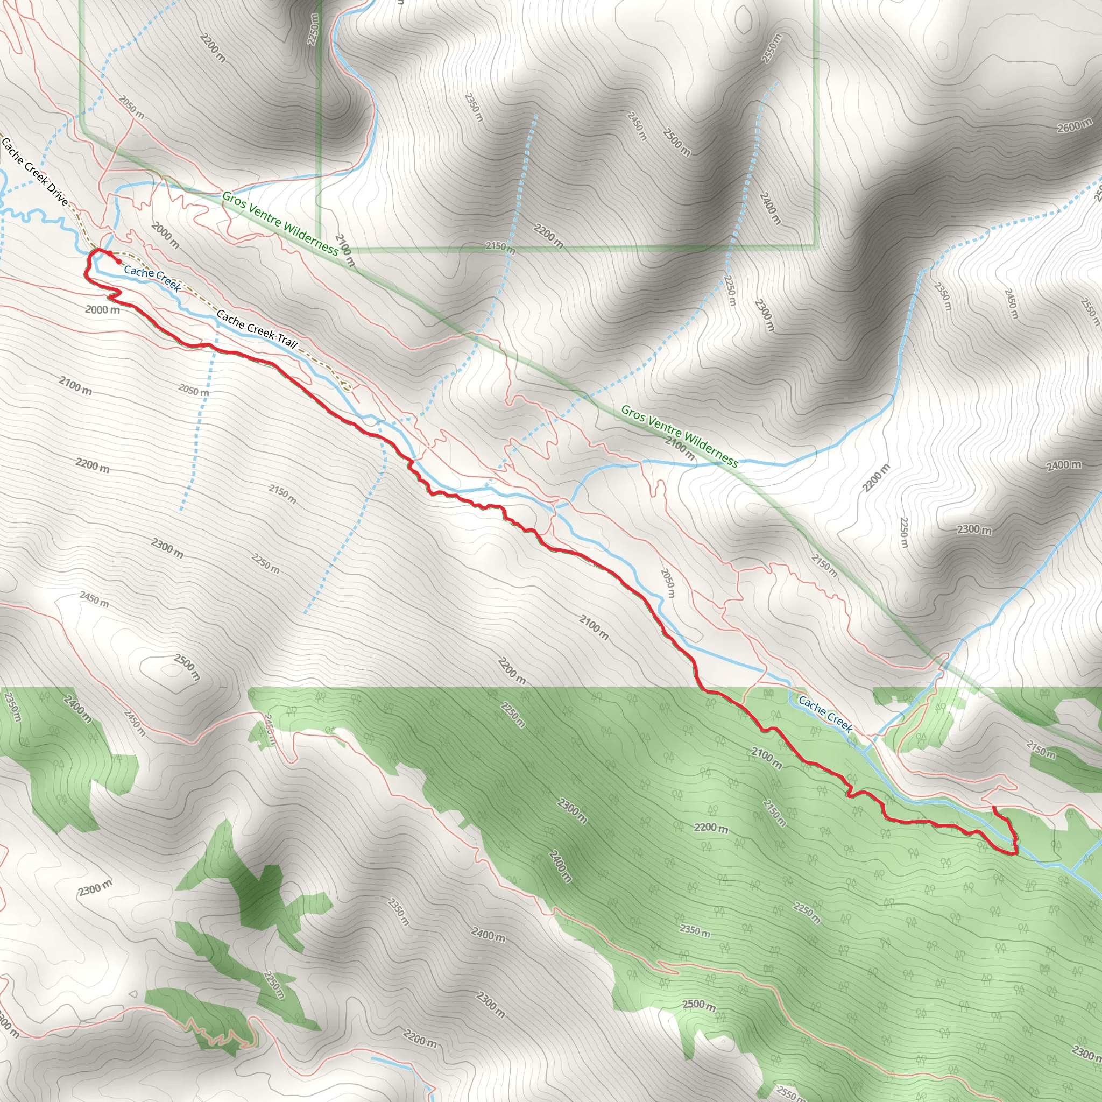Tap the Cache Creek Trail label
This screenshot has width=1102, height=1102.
(257, 329)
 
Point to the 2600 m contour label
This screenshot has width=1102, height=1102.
(1074, 125)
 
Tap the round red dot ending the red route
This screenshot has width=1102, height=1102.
(118, 262)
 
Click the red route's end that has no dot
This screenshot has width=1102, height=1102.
(994, 807)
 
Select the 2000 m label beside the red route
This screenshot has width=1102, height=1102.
(103, 310)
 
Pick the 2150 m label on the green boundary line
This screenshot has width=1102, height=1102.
(500, 247)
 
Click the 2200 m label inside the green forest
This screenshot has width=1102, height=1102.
(711, 827)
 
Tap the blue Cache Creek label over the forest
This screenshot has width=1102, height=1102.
(825, 713)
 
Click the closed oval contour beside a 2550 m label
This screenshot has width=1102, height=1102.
(743, 20)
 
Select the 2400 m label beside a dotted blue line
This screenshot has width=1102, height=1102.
(770, 207)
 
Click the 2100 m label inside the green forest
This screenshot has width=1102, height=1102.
(766, 758)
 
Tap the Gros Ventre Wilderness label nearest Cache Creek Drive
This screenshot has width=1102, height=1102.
(280, 222)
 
